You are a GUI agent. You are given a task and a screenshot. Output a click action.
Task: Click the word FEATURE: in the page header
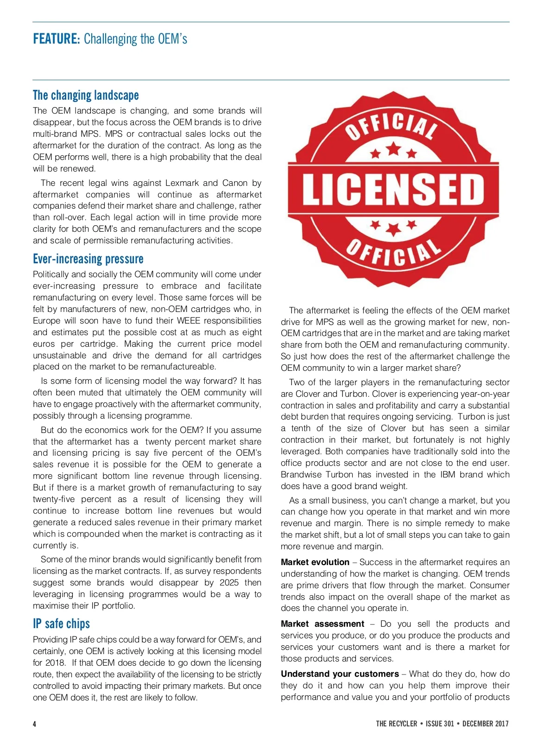tap(57, 39)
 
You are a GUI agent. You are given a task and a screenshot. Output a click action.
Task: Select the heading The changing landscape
tap(86, 95)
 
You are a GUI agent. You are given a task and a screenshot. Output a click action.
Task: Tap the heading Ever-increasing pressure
tap(88, 259)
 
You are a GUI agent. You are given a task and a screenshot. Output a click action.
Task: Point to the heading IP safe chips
tap(61, 624)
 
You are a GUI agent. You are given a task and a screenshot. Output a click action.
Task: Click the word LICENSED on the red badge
tap(393, 189)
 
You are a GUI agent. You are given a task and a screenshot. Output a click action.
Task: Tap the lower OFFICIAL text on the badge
tap(394, 253)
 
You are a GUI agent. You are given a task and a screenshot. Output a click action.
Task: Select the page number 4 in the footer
tap(34, 724)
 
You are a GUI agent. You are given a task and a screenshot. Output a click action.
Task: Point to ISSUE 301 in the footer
tap(440, 724)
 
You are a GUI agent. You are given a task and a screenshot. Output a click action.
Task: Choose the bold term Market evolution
tap(315, 562)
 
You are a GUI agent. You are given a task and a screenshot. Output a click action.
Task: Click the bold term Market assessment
tap(322, 624)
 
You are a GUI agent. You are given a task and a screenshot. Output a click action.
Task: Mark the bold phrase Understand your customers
tap(340, 674)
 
